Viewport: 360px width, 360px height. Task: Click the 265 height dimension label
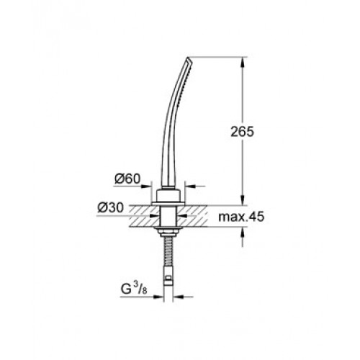242,132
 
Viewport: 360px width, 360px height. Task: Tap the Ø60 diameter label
127,179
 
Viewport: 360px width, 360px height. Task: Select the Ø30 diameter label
111,207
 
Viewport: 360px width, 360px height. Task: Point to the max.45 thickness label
241,217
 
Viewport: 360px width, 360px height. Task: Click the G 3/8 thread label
133,289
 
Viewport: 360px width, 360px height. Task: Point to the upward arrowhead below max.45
243,232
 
